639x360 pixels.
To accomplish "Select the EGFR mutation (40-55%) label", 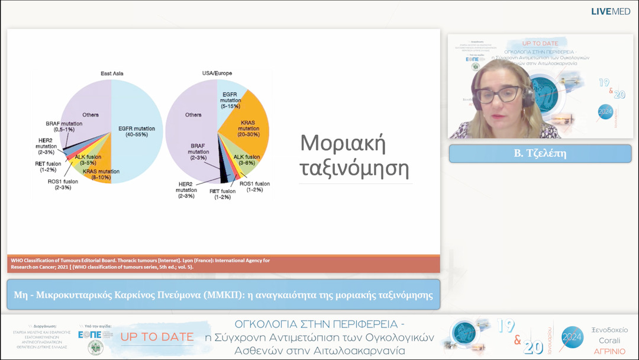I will click(x=137, y=132).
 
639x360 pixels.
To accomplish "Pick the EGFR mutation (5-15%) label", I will click(x=231, y=101).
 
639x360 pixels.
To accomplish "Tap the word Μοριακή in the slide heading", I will click(x=343, y=143).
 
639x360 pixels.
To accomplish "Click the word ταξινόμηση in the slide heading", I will click(x=354, y=169).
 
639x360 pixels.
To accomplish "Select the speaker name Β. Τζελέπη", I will click(x=539, y=153).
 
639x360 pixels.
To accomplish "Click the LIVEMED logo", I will click(x=611, y=11).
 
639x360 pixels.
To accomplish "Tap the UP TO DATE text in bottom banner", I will click(x=157, y=337).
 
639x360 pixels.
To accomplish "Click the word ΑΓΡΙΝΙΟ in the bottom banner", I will click(x=611, y=351).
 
